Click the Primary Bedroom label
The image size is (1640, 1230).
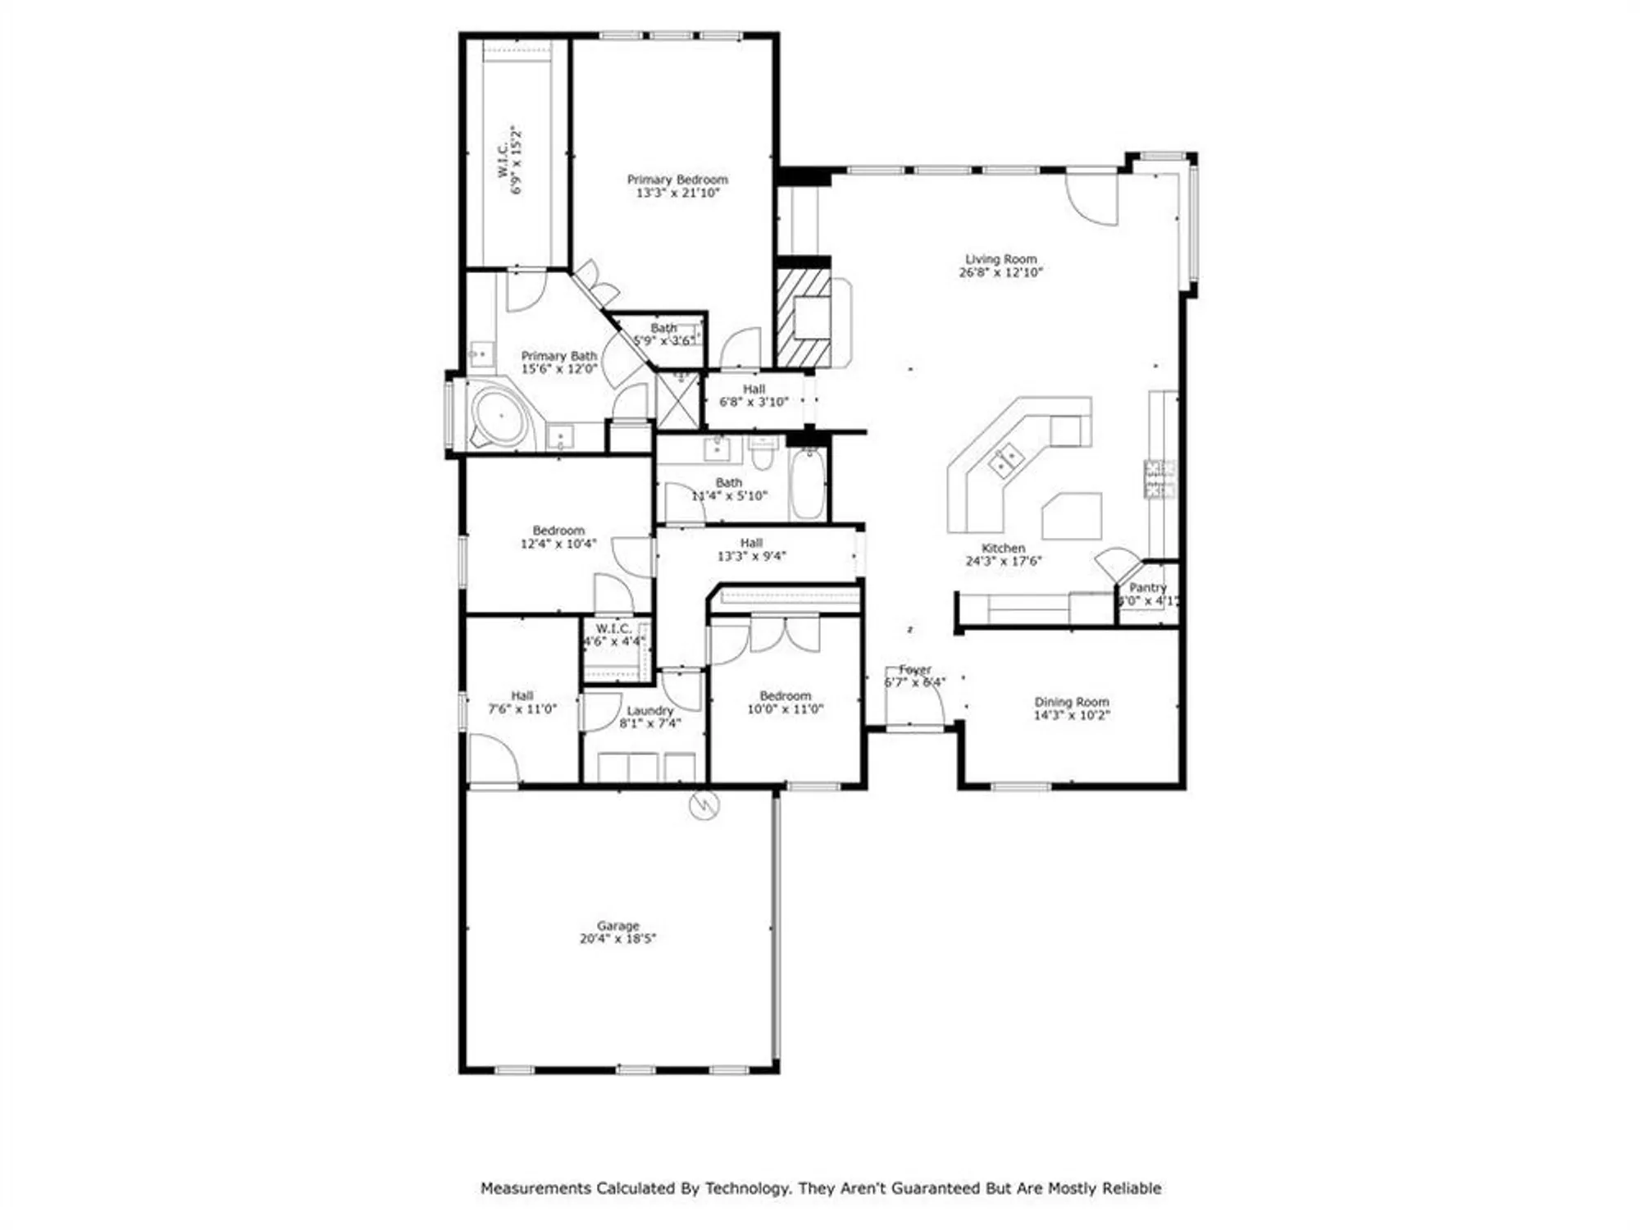coord(677,180)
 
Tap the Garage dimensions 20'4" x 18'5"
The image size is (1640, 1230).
coord(617,938)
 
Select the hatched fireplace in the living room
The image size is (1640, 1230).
coord(804,318)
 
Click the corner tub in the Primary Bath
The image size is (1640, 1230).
coord(499,417)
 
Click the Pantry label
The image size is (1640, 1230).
coord(1147,587)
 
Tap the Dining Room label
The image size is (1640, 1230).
coord(1071,702)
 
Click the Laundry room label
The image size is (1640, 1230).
coord(649,710)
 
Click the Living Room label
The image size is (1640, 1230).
coord(1000,259)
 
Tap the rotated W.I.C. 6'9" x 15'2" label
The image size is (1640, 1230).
coord(508,161)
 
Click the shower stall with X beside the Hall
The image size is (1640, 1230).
coord(678,400)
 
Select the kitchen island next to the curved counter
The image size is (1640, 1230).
coord(1072,515)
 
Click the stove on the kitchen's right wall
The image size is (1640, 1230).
coord(1159,480)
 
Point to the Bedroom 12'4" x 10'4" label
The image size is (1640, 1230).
coord(558,531)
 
